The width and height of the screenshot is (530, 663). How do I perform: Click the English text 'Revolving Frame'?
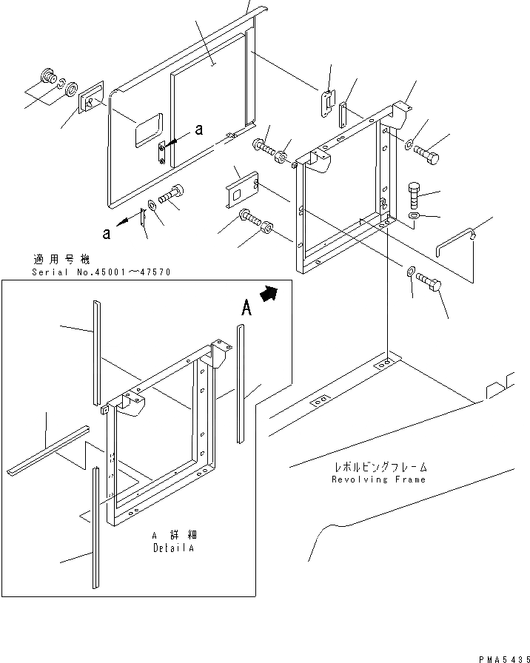380,479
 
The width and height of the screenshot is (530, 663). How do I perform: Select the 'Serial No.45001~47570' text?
101,272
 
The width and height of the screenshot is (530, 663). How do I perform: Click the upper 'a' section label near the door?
198,129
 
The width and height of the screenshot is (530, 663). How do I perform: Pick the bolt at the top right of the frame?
427,155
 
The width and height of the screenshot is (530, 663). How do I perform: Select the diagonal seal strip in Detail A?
48,450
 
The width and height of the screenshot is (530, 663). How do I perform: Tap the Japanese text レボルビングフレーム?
380,468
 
